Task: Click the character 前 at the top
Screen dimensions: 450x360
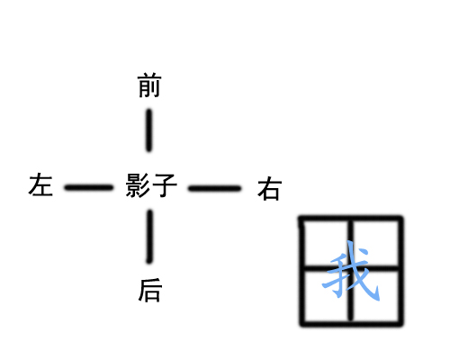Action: [149, 85]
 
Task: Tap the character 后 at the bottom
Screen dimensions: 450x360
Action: [150, 290]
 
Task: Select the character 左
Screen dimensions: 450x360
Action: [40, 184]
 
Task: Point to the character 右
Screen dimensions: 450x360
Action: [269, 188]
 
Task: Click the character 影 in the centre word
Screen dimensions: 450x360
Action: [138, 185]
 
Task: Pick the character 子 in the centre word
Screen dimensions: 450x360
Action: [165, 185]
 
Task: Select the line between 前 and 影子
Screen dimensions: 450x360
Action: [149, 130]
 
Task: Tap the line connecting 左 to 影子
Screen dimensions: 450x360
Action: [89, 188]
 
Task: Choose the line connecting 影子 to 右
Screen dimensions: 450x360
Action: [214, 188]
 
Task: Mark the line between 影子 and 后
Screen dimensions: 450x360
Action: [149, 237]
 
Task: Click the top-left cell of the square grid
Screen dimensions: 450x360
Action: [327, 243]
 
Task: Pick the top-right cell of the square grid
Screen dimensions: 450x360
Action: [375, 243]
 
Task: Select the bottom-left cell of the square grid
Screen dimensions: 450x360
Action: [327, 296]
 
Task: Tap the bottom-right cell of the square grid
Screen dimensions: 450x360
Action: [375, 296]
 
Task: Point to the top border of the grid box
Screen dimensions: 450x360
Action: [351, 219]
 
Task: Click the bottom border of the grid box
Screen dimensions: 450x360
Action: [352, 323]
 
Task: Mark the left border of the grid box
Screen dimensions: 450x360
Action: [302, 271]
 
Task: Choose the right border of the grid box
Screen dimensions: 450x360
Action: [400, 271]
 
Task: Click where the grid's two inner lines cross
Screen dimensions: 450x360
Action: [351, 268]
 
